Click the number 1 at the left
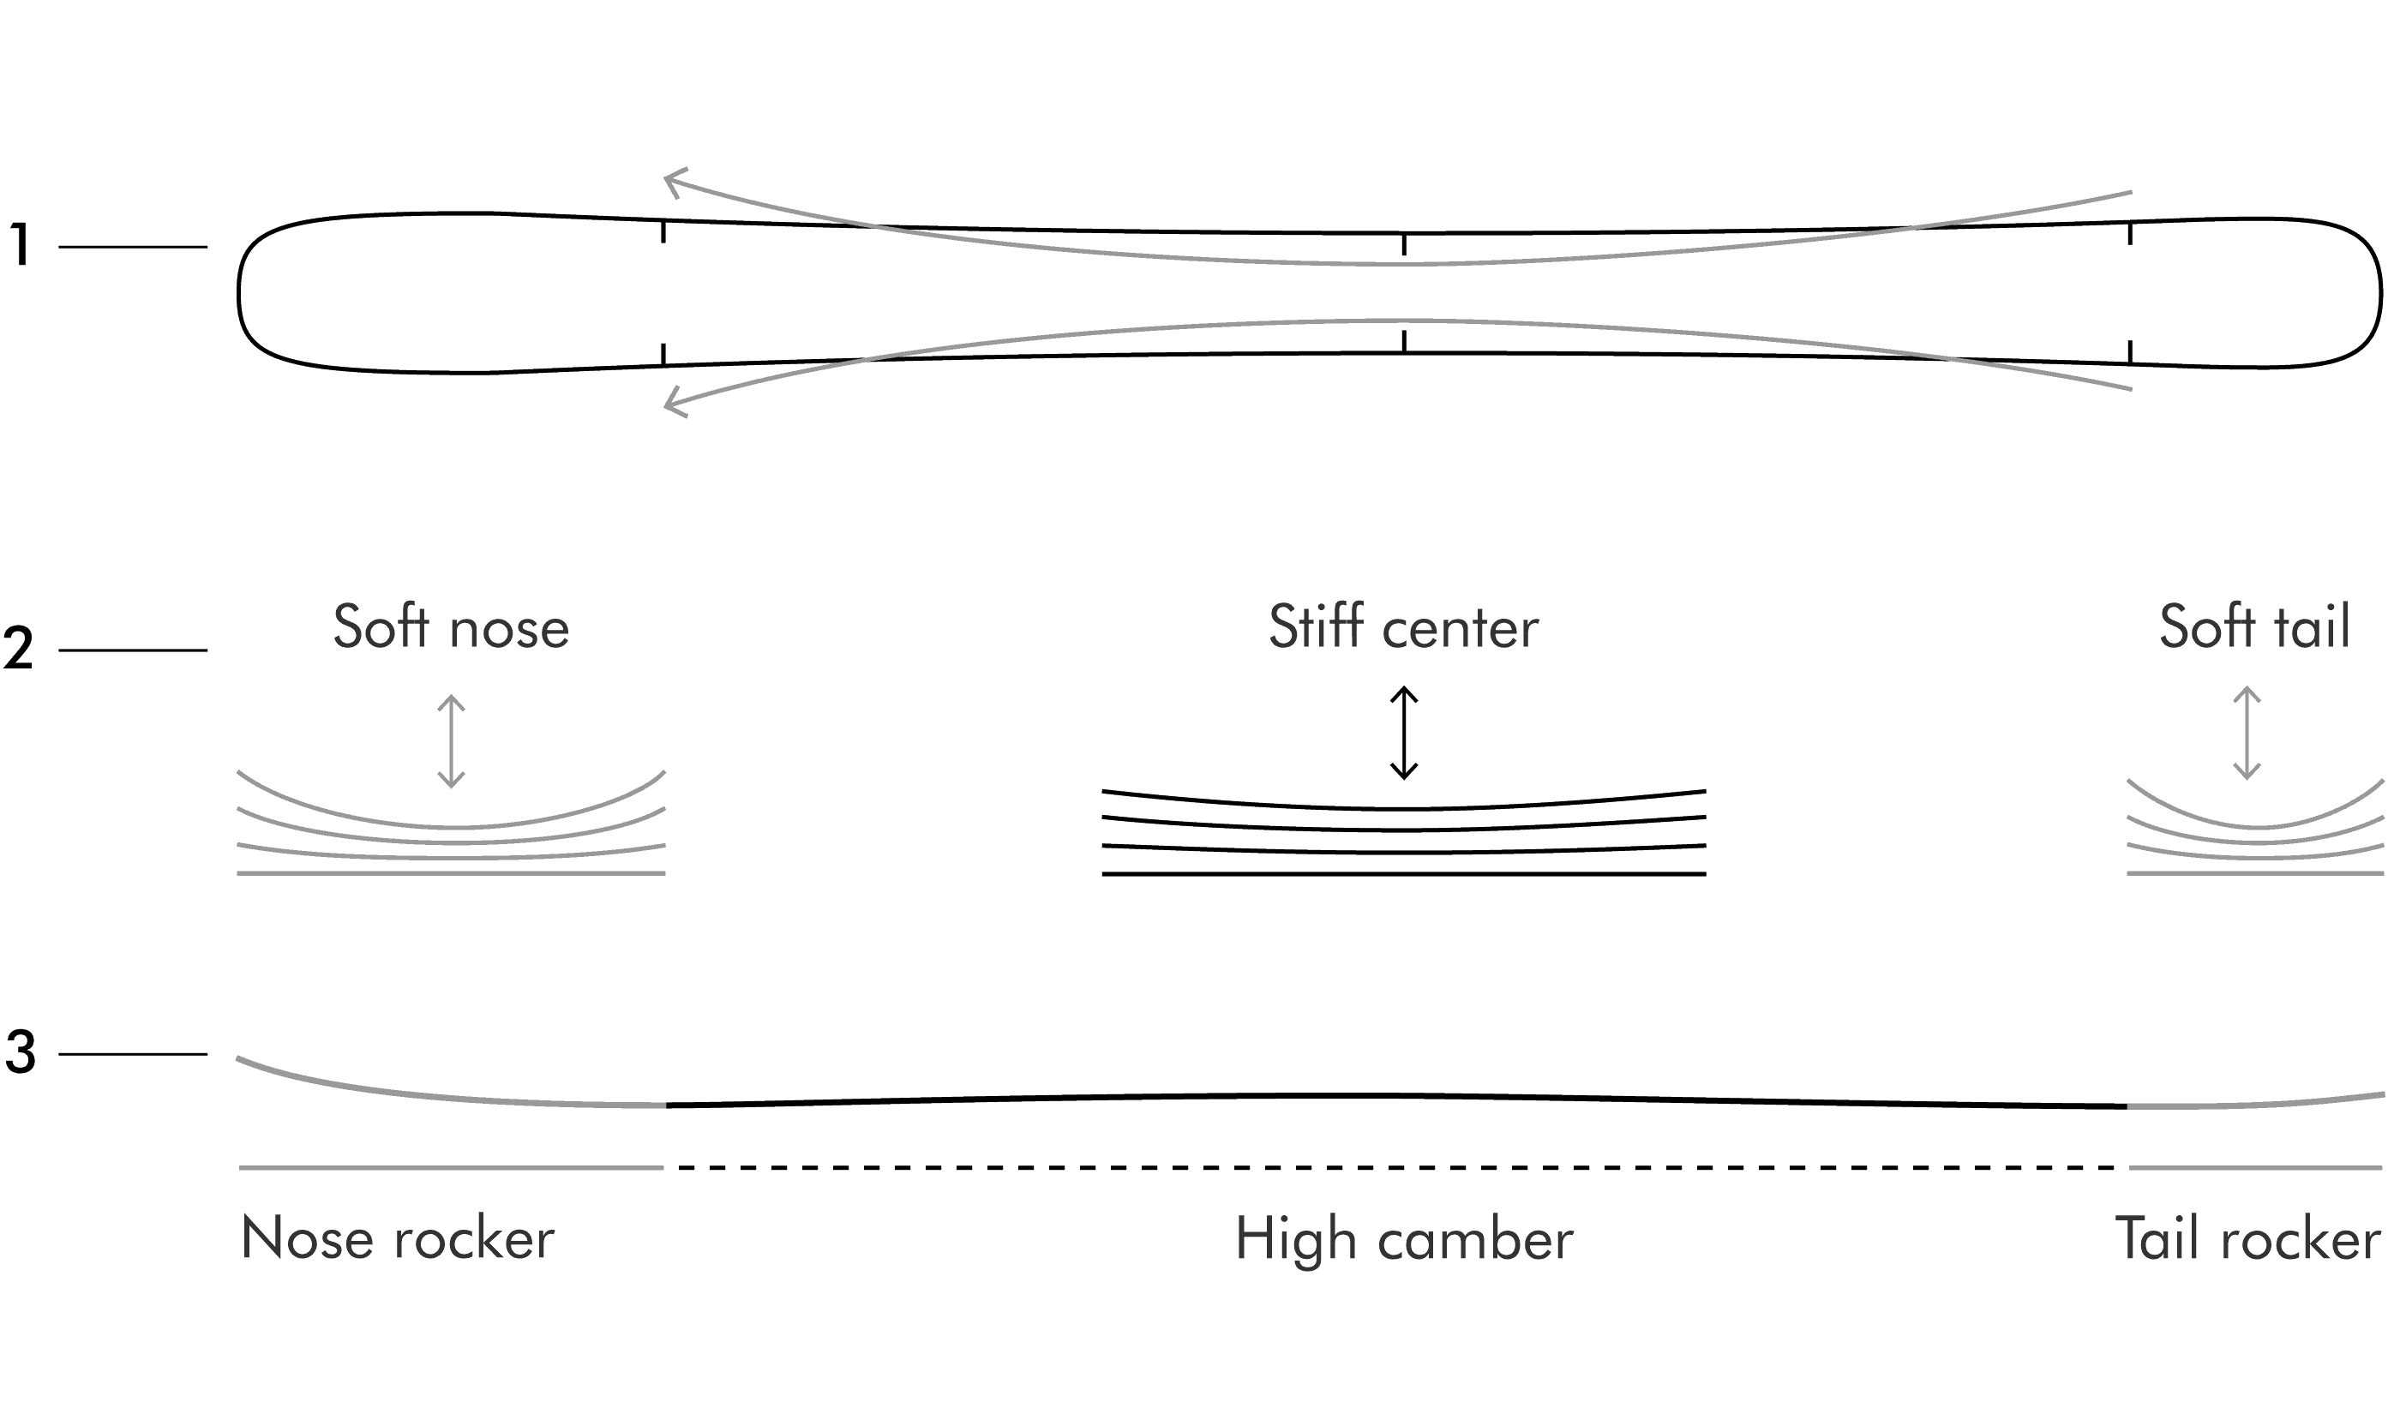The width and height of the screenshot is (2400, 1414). [x=19, y=245]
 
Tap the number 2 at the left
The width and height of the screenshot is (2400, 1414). [x=19, y=649]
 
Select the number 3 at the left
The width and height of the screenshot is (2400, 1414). [x=20, y=1053]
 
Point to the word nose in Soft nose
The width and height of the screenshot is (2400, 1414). [x=510, y=631]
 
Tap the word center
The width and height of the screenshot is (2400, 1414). [x=1461, y=631]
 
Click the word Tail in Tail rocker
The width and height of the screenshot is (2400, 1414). [x=2158, y=1238]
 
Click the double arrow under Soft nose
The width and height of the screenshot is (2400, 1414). [x=451, y=741]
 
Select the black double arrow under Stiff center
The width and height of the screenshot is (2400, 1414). [x=1403, y=733]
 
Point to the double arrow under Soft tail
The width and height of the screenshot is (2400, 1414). [x=2247, y=733]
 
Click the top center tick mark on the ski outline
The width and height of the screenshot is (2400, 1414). [x=1403, y=245]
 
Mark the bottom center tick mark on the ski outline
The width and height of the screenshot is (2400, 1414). [x=1403, y=341]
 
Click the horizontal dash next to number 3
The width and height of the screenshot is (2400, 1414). [x=133, y=1054]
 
